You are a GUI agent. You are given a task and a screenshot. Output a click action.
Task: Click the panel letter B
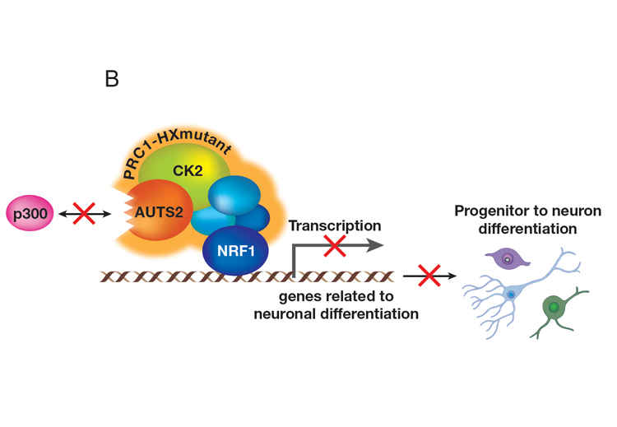pos(113,79)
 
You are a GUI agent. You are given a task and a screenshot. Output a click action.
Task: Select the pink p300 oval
pos(29,212)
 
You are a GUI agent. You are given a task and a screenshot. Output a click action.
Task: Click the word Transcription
pos(334,225)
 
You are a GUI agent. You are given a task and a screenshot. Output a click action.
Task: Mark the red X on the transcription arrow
pos(334,245)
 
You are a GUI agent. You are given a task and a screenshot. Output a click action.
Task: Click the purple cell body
pos(508,260)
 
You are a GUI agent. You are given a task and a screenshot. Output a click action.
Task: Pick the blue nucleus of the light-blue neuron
pos(512,294)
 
